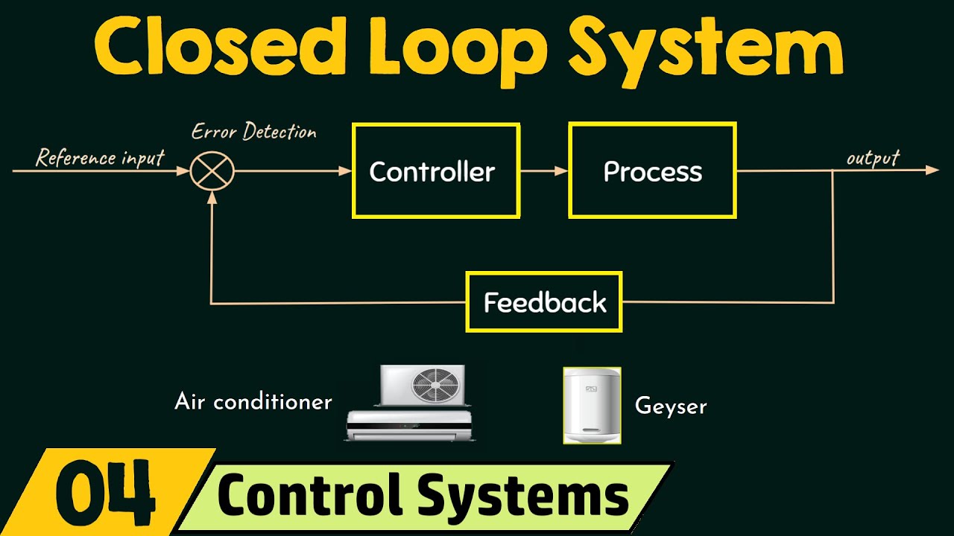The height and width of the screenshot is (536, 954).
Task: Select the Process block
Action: pos(652,171)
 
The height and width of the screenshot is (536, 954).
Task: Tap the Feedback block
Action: pos(544,302)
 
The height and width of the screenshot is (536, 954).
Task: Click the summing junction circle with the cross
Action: pos(212,171)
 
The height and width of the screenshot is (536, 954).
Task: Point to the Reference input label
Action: pos(100,158)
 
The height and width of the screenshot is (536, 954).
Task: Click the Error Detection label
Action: pos(253,133)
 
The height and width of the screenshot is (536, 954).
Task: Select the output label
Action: pos(873,158)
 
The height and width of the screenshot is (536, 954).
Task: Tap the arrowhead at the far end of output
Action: pos(932,170)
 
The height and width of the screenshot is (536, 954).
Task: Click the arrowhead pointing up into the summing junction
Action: pos(212,197)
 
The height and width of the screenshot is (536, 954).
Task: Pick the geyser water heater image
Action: pos(592,406)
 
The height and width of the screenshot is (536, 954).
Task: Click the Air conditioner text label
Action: pos(253,402)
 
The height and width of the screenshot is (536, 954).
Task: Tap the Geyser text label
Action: pos(670,406)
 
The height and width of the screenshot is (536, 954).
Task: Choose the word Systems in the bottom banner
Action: pos(522,495)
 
